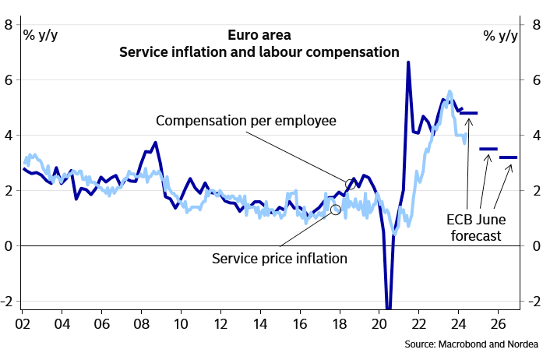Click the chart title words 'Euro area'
pos(259,35)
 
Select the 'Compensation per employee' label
pos(245,121)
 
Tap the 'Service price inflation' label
pos(279,258)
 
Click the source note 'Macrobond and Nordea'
pos(477,344)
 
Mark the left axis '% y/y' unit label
pos(40,34)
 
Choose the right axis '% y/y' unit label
pos(500,35)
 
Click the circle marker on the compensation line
pos(351,184)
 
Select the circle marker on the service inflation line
pos(336,209)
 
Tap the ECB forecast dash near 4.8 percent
pos(468,113)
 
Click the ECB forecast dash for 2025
pos(488,148)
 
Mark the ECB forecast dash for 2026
pos(508,157)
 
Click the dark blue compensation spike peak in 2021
pos(408,62)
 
